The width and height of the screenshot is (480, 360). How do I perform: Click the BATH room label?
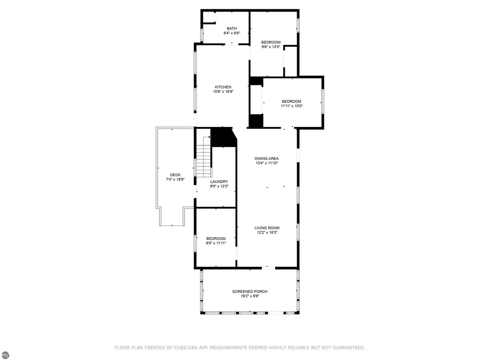pyautogui.click(x=232, y=29)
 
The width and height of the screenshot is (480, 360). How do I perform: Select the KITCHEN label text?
pyautogui.click(x=223, y=87)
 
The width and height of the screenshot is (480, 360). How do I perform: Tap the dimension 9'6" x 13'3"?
pyautogui.click(x=270, y=47)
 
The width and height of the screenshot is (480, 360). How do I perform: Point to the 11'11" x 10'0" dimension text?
pyautogui.click(x=292, y=106)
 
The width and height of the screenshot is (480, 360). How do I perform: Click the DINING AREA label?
pyautogui.click(x=267, y=158)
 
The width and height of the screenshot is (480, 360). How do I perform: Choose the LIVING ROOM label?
pyautogui.click(x=267, y=228)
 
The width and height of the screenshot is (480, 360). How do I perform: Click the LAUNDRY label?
pyautogui.click(x=219, y=181)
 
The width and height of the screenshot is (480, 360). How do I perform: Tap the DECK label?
pyautogui.click(x=175, y=175)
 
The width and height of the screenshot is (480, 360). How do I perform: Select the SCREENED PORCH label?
pyautogui.click(x=250, y=292)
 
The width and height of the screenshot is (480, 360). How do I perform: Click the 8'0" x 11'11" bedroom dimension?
pyautogui.click(x=216, y=243)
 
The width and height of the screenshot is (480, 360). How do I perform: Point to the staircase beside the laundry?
pyautogui.click(x=204, y=157)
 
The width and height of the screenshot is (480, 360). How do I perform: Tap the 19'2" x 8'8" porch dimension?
pyautogui.click(x=250, y=296)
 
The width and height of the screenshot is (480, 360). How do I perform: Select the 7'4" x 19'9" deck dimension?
pyautogui.click(x=175, y=180)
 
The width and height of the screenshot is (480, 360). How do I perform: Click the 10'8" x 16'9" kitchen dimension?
pyautogui.click(x=223, y=91)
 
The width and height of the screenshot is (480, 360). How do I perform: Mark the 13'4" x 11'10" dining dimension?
pyautogui.click(x=267, y=163)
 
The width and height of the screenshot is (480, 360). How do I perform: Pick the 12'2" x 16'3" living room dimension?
pyautogui.click(x=267, y=232)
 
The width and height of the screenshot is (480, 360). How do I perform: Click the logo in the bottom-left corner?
pyautogui.click(x=5, y=355)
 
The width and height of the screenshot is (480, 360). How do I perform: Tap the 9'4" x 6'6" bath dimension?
pyautogui.click(x=232, y=33)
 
